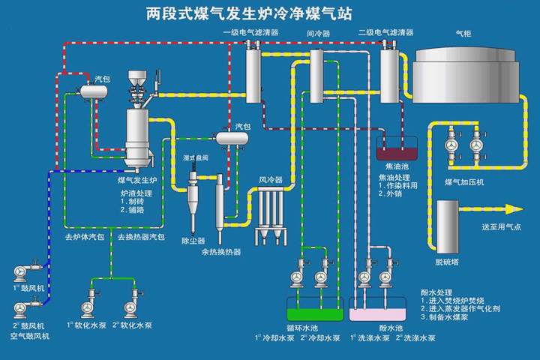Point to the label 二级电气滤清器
(x=386, y=33)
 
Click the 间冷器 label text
(x=318, y=34)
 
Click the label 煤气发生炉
(x=138, y=181)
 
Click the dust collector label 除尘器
(x=193, y=241)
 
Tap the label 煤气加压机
(x=465, y=183)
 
